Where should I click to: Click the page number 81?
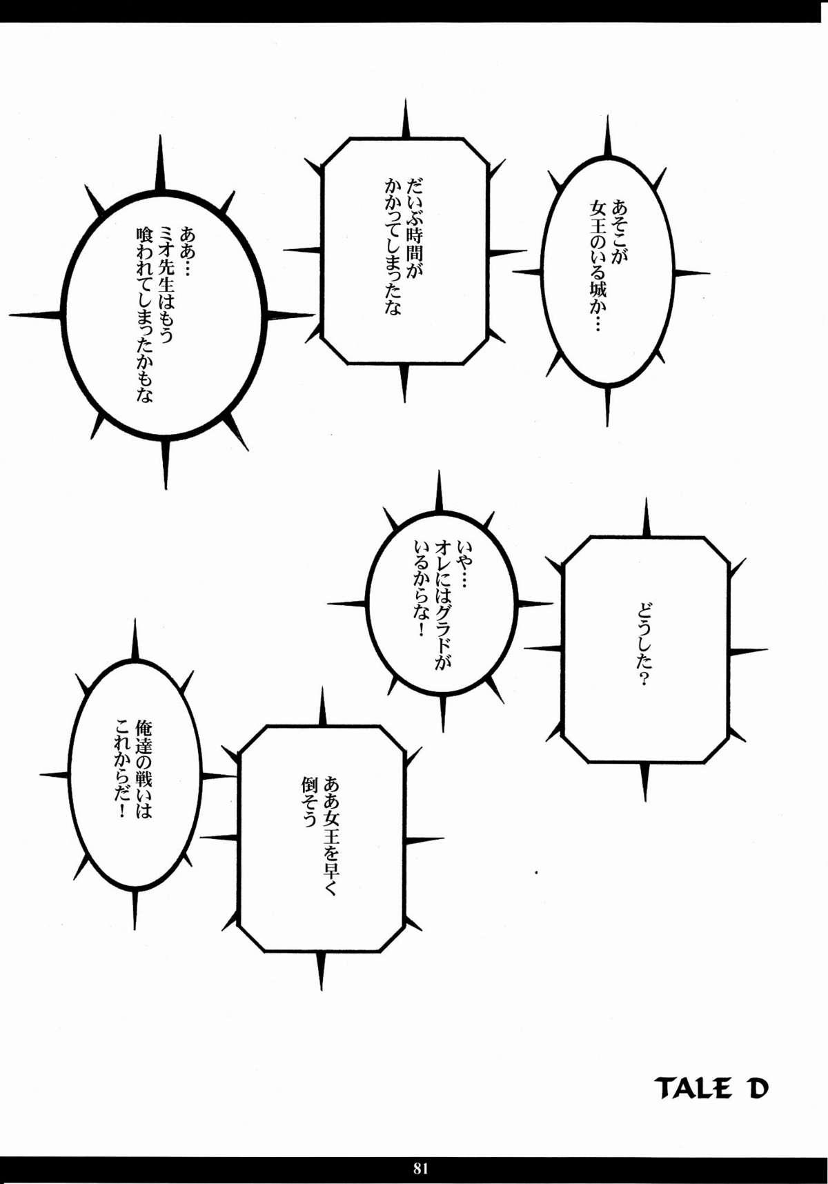point(421,1168)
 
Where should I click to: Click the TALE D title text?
point(711,1088)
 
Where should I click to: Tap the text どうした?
point(644,646)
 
